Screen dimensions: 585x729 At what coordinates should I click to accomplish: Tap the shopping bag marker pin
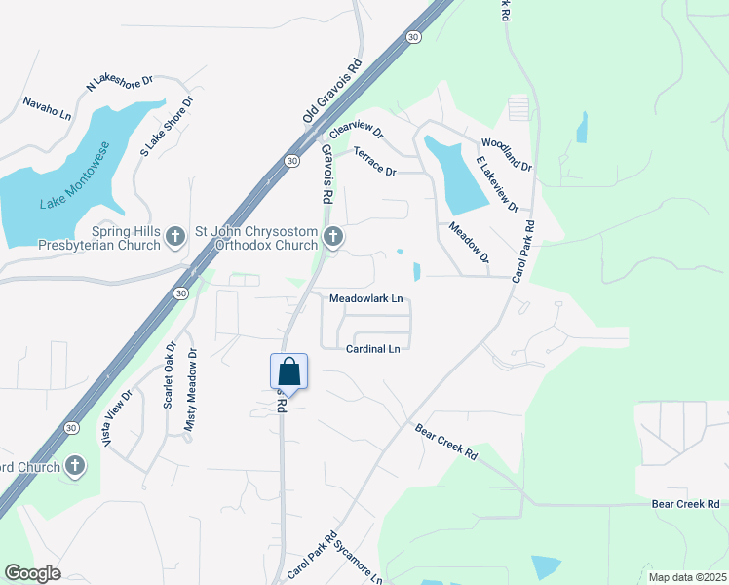point(288,371)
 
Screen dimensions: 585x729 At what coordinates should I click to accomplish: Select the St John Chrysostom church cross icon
point(333,235)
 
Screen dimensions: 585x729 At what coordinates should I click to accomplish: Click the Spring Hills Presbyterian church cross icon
point(175,235)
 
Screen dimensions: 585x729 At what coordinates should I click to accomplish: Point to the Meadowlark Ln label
point(366,298)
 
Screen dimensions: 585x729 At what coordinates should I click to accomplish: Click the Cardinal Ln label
point(373,348)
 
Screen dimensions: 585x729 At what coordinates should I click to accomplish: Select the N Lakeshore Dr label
point(120,84)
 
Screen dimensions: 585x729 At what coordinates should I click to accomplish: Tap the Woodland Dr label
point(507,154)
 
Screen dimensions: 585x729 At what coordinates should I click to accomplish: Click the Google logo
point(32,573)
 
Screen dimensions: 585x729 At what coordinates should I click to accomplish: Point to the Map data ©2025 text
point(687,577)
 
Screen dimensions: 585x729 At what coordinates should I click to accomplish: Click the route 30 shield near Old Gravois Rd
point(292,161)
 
